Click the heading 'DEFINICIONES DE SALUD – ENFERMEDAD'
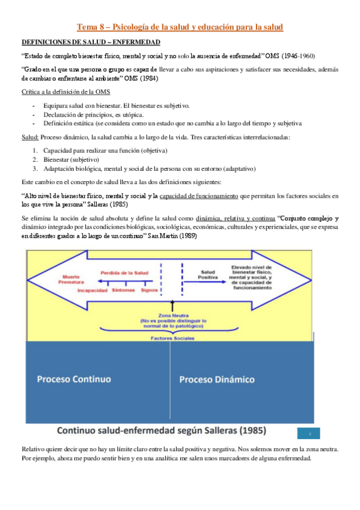pyautogui.click(x=91, y=42)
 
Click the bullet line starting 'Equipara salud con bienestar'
pyautogui.click(x=117, y=105)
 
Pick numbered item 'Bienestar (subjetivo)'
pyautogui.click(x=71, y=159)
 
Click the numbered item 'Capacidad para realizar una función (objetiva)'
pyautogui.click(x=105, y=150)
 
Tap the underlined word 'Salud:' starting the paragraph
pyautogui.click(x=30, y=137)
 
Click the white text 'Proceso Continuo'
pyautogui.click(x=74, y=379)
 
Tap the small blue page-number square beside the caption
pyautogui.click(x=308, y=434)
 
